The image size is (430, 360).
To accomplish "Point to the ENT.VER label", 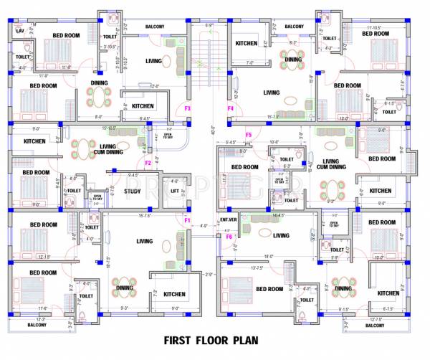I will pyautogui.click(x=229, y=219).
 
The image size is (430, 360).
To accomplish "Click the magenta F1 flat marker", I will pyautogui.click(x=187, y=220).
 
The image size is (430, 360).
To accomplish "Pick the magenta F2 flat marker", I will pyautogui.click(x=148, y=164).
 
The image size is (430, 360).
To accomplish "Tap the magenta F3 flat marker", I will pyautogui.click(x=188, y=108).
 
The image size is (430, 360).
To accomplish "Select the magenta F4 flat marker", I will pyautogui.click(x=231, y=108).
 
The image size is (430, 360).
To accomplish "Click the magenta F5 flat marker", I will pyautogui.click(x=249, y=135).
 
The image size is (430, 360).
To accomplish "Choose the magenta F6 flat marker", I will pyautogui.click(x=229, y=236).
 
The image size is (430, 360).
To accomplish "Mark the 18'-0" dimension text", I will pyautogui.click(x=269, y=256).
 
